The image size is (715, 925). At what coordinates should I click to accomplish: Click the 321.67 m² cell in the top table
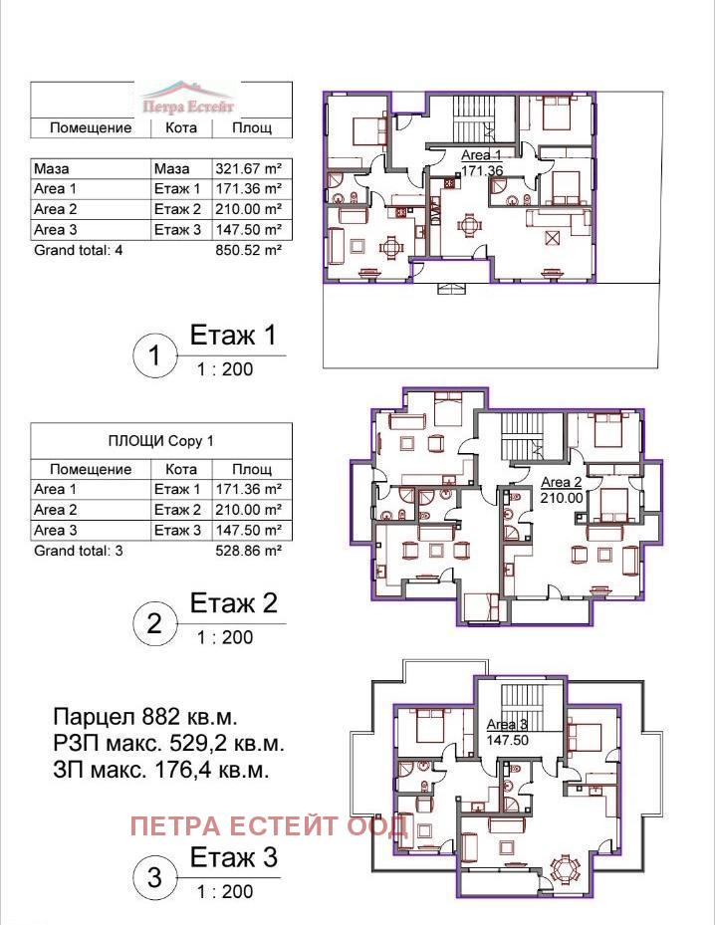(248, 168)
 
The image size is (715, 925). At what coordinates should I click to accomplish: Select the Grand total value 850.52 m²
(248, 250)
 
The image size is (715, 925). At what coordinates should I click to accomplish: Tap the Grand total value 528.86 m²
(248, 551)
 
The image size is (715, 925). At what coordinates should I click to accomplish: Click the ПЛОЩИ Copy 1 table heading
(160, 441)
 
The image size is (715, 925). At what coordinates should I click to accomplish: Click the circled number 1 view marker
(154, 355)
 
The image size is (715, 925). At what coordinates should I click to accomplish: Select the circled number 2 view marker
(154, 623)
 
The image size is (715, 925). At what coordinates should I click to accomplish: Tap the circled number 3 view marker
(154, 877)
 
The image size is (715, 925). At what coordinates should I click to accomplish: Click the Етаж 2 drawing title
(234, 603)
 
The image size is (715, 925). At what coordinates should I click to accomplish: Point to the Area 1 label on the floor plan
(481, 155)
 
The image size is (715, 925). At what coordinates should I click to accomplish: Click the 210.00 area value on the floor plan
(562, 497)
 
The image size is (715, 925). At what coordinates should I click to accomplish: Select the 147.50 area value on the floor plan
(507, 740)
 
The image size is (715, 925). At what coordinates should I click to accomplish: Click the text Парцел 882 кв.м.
(145, 717)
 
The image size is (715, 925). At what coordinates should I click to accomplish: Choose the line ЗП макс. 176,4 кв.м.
(161, 770)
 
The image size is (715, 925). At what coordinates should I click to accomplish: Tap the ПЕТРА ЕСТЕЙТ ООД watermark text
(269, 825)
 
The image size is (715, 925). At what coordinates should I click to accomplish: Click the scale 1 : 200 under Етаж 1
(225, 369)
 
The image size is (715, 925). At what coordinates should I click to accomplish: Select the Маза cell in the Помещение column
(52, 168)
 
